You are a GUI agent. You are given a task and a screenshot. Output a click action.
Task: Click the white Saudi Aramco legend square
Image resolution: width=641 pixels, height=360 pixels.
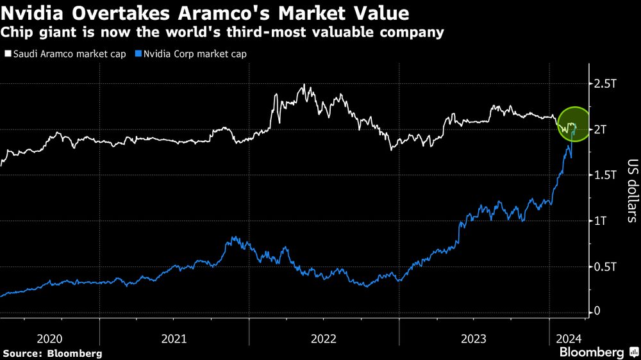point(8,54)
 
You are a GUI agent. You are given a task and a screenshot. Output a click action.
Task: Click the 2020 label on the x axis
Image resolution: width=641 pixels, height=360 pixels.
point(50,338)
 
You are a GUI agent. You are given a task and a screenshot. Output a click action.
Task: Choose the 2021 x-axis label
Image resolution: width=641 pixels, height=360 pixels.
point(174,338)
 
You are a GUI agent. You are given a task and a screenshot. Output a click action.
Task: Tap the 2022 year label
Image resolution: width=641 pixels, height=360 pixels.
point(324,338)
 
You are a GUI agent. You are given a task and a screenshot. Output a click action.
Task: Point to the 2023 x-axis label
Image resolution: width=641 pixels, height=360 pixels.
point(474,338)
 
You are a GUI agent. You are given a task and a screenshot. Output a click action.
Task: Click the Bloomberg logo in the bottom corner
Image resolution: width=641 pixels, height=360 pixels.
point(599,352)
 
